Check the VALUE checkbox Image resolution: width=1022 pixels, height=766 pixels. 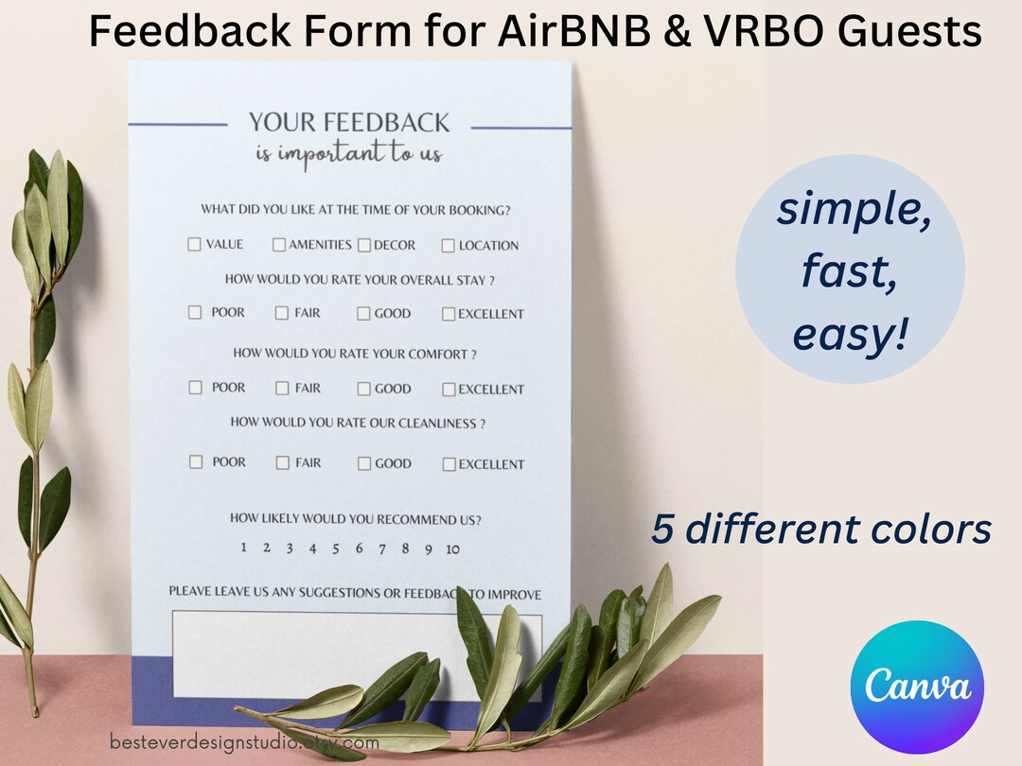tap(194, 244)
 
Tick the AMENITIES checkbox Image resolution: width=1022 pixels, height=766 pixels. tap(279, 245)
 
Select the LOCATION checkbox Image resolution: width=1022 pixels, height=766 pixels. tap(449, 246)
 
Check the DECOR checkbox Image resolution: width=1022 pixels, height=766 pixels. tap(364, 245)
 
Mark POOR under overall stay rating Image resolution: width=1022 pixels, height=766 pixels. tap(195, 312)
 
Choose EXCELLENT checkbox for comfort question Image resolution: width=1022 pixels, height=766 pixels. tap(449, 389)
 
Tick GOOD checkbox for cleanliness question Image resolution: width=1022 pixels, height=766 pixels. tap(364, 464)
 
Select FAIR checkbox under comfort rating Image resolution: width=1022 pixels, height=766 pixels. tap(282, 388)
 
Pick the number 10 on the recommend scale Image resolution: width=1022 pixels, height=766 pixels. tap(452, 549)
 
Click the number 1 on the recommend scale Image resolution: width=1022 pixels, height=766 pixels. tap(243, 548)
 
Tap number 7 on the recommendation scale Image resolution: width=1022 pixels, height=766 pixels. tap(382, 548)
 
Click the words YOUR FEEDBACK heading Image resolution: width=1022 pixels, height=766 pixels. tap(349, 122)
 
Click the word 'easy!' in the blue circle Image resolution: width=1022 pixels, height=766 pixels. tap(850, 337)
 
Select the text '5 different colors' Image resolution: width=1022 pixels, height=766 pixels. tap(820, 530)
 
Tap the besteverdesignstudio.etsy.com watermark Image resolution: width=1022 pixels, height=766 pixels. tap(244, 742)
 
